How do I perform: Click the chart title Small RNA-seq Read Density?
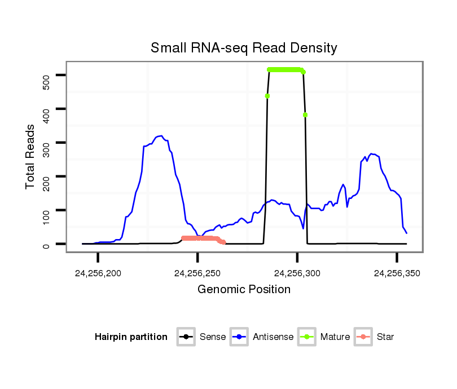click(x=244, y=48)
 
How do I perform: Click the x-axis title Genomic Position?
click(x=244, y=290)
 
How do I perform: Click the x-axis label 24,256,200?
click(x=98, y=273)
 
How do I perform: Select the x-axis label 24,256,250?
click(x=197, y=273)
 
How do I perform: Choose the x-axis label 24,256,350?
click(x=397, y=273)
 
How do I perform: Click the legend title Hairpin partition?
click(x=131, y=337)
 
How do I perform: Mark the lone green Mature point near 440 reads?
click(x=267, y=96)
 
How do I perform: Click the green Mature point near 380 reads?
click(x=305, y=115)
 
